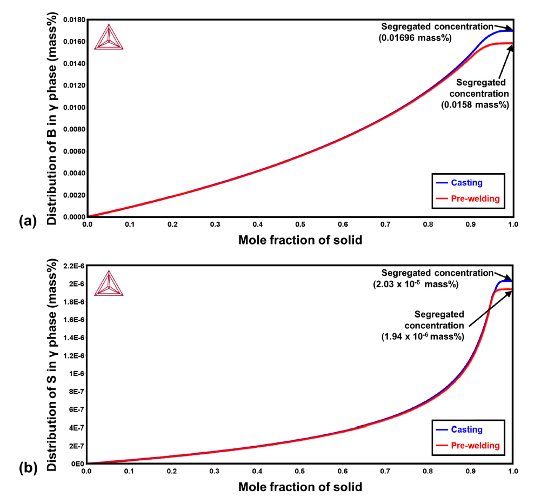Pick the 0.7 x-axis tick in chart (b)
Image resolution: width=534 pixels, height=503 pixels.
[385, 471]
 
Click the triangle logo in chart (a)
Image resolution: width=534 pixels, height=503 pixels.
[109, 37]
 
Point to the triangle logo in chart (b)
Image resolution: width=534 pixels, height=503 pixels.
[109, 283]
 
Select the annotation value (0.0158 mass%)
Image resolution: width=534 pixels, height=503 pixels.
[475, 105]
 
